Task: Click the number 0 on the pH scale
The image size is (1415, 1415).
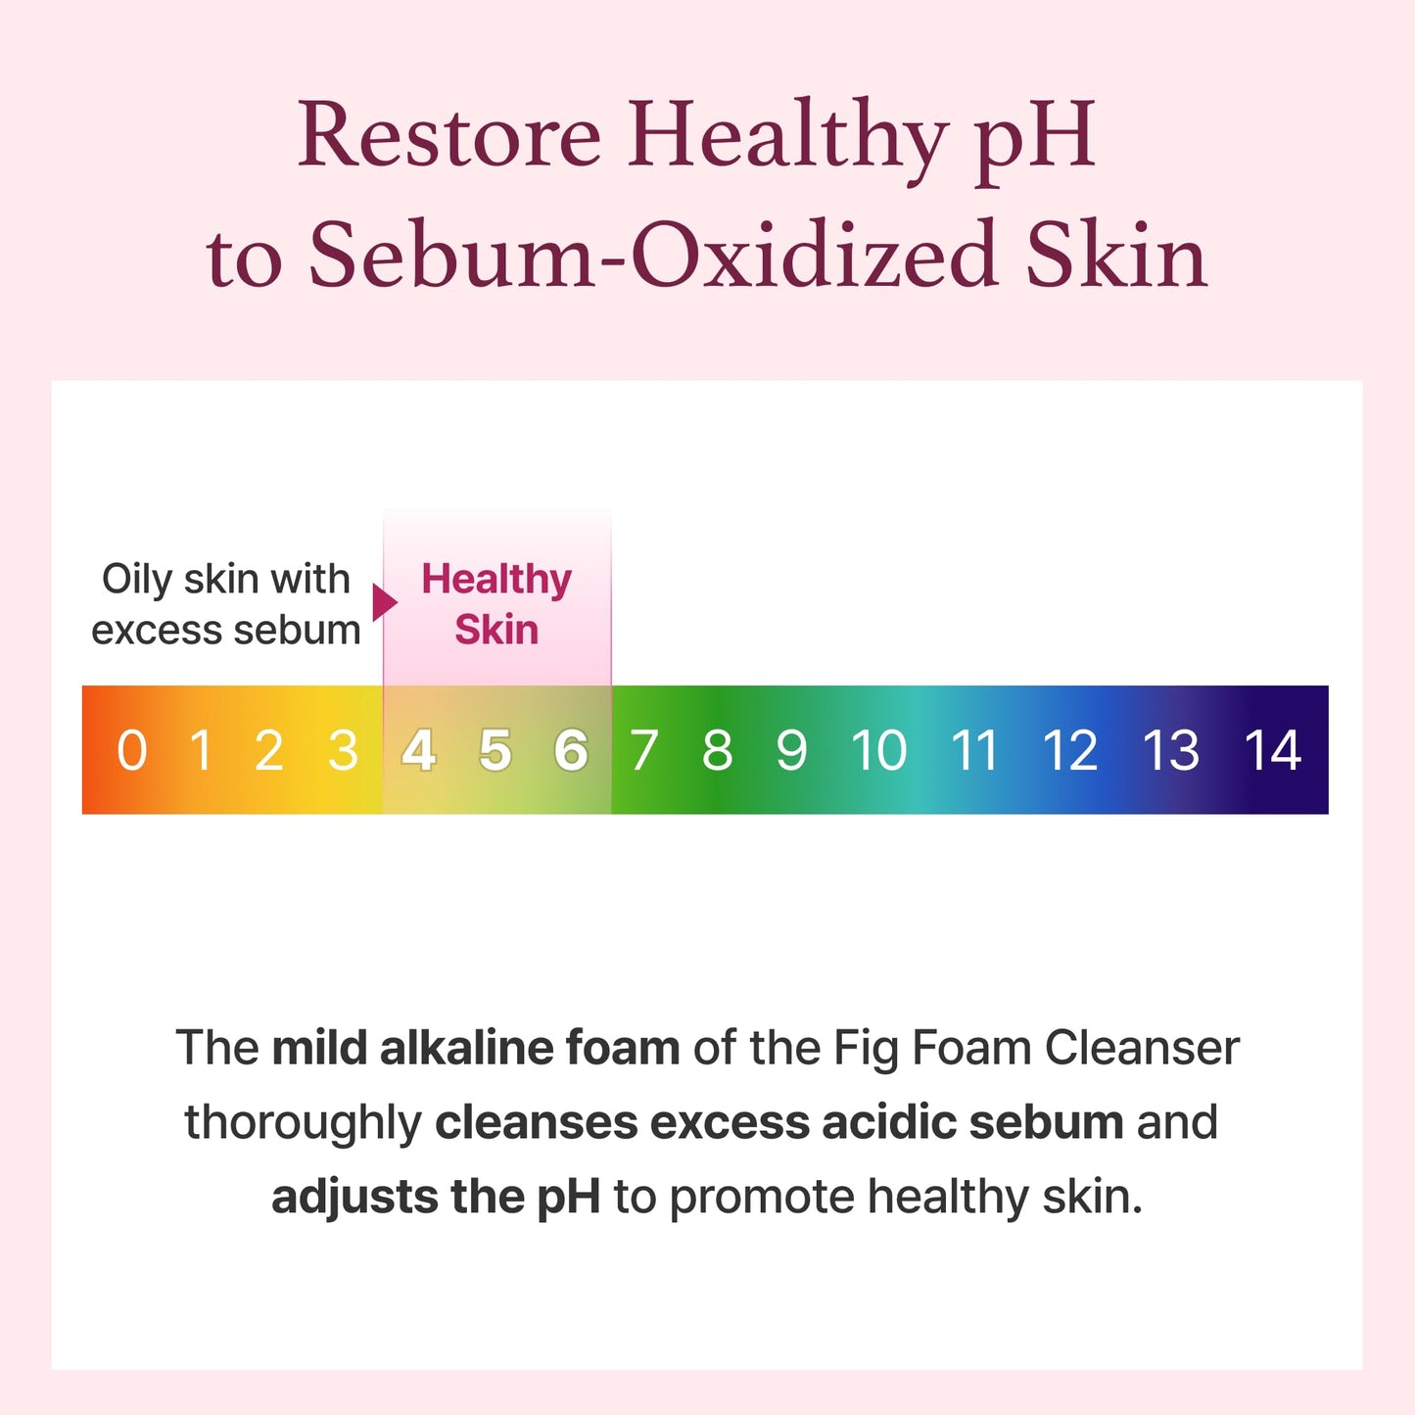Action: click(x=132, y=751)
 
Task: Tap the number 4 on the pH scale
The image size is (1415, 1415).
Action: click(x=419, y=751)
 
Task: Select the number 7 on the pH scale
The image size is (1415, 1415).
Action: click(x=643, y=751)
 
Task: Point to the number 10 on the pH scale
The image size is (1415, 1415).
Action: click(x=878, y=751)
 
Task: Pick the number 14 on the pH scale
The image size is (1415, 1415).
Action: click(x=1272, y=751)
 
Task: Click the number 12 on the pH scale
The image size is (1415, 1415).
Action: click(x=1070, y=751)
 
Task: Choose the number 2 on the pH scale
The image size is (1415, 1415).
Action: click(x=269, y=751)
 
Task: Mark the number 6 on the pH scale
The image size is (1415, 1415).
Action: click(x=571, y=751)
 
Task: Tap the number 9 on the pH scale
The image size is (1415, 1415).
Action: click(x=791, y=751)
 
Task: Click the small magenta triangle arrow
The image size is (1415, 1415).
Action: click(x=384, y=601)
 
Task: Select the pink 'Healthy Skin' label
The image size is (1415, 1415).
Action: click(x=496, y=604)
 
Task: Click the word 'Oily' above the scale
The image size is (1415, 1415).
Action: click(x=137, y=580)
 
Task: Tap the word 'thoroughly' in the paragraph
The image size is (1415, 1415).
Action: click(x=303, y=1123)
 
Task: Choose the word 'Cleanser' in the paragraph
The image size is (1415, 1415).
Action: click(x=1142, y=1048)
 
